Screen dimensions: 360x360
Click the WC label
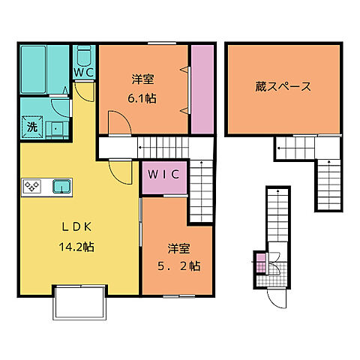pos(84,73)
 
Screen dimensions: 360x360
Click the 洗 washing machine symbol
pos(32,127)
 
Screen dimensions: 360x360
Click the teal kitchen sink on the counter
pos(60,186)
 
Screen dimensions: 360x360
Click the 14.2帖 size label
pos(74,245)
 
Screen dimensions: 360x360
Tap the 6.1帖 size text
pos(142,97)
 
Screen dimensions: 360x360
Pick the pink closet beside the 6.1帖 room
pos(202,88)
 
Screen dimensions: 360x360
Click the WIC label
pos(163,175)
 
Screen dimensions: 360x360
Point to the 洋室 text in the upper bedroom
pos(142,79)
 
